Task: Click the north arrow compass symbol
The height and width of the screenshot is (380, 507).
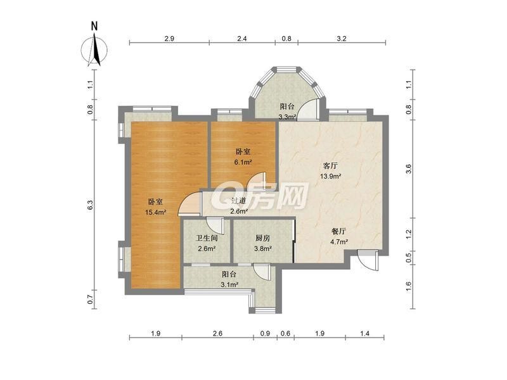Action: [x=94, y=50]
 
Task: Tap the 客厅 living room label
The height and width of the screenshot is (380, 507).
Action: [x=330, y=166]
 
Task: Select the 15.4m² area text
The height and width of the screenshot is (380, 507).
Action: [x=156, y=212]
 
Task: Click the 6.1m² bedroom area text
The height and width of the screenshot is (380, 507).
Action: [x=243, y=162]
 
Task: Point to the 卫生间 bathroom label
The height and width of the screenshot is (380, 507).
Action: [x=207, y=239]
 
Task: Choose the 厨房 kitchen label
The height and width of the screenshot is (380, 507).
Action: [x=262, y=239]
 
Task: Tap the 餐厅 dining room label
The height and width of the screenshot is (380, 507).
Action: [x=339, y=231]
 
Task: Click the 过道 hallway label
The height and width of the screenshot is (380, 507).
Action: [x=239, y=201]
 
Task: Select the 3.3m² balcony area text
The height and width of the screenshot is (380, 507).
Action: [x=288, y=117]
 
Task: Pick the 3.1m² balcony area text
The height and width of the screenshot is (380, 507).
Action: [x=229, y=284]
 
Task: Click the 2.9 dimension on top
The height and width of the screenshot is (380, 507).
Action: [x=169, y=39]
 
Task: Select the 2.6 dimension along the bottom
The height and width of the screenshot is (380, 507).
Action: [x=217, y=333]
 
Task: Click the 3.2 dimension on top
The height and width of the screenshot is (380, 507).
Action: [x=342, y=39]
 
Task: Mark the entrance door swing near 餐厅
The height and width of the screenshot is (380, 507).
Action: [x=368, y=260]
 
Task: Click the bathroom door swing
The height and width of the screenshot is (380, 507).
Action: [x=215, y=225]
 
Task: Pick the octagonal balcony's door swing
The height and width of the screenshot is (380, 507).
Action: [x=308, y=109]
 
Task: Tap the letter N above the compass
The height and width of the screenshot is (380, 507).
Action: [x=94, y=26]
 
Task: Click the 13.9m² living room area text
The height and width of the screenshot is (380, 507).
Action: [x=330, y=177]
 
